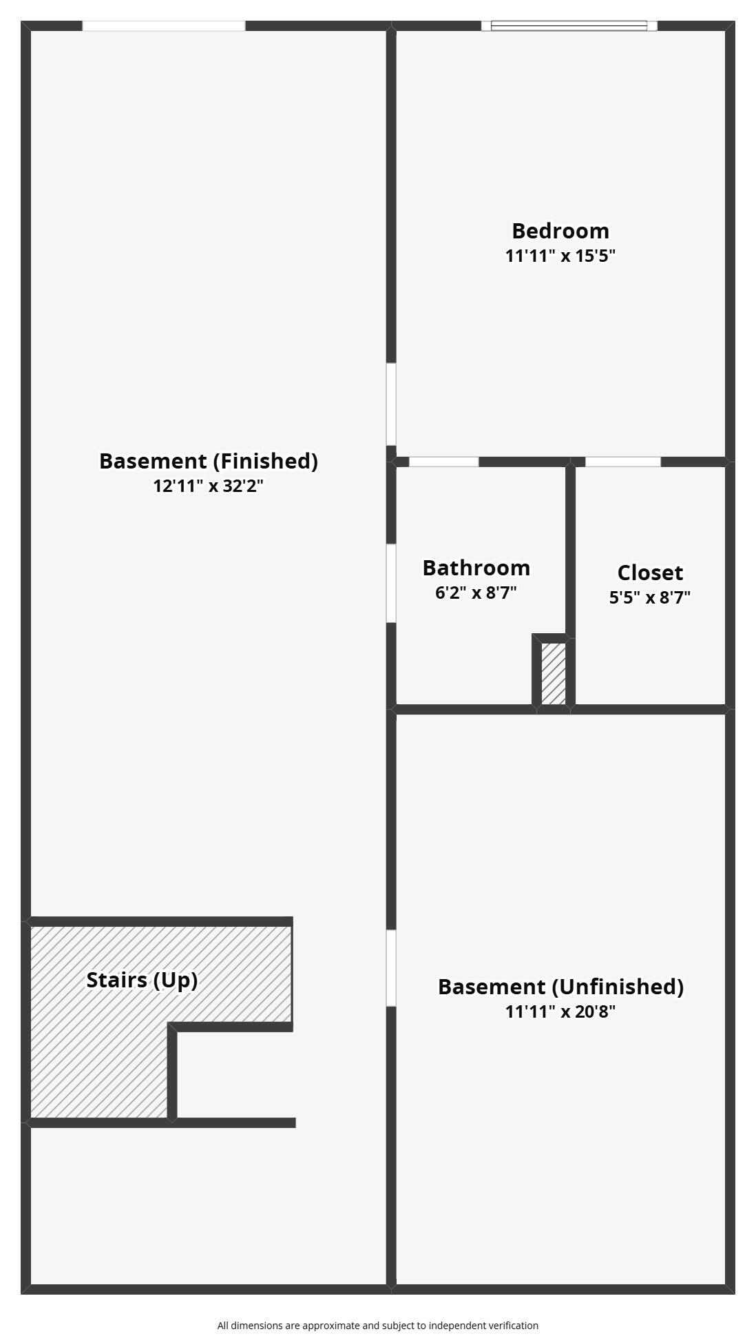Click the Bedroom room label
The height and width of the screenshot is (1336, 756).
(560, 231)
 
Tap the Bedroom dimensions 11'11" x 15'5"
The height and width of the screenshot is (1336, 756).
(560, 256)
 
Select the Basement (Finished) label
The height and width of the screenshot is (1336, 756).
(209, 461)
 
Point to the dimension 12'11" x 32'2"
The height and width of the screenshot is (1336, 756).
(209, 486)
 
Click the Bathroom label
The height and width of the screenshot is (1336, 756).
(476, 568)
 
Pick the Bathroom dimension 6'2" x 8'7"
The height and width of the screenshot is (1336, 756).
(476, 593)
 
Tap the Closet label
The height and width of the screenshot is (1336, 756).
(650, 573)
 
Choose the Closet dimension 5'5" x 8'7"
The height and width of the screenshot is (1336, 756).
(650, 597)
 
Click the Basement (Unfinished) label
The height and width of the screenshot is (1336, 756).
(560, 987)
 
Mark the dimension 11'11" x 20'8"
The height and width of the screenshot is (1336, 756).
(560, 1012)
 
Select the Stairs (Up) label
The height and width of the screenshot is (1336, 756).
(143, 980)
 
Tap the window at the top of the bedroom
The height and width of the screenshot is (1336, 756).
(569, 26)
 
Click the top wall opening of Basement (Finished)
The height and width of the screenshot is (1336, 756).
(164, 26)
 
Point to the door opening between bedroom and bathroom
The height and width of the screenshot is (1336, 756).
(444, 462)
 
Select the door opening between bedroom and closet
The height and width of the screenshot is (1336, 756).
(623, 462)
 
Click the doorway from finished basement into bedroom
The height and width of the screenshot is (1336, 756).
(391, 404)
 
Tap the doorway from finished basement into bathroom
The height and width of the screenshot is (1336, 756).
(391, 584)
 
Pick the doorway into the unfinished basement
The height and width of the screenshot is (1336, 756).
(391, 968)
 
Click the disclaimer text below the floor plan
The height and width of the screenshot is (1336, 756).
(378, 1325)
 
